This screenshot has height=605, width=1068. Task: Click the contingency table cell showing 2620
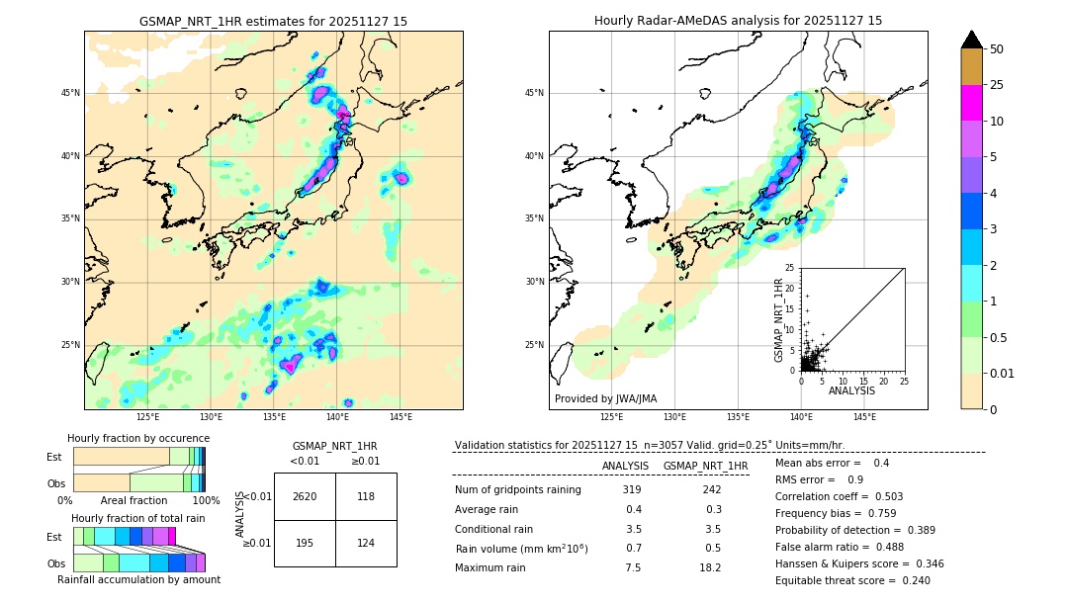click(305, 496)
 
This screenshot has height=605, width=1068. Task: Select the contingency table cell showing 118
click(366, 496)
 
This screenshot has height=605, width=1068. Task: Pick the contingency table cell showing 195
click(305, 544)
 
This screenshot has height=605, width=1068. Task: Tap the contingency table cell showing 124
click(366, 544)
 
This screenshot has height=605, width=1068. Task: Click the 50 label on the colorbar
click(997, 49)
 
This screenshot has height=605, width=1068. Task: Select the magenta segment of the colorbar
click(972, 103)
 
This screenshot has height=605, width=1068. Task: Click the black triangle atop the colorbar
click(972, 40)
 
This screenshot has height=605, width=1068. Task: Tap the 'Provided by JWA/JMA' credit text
click(605, 399)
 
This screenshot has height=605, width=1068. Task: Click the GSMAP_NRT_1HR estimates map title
click(273, 21)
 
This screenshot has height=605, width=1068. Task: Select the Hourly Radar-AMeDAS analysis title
click(738, 21)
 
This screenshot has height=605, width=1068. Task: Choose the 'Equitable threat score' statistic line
click(852, 580)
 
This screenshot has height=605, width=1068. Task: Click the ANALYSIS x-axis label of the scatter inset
click(851, 390)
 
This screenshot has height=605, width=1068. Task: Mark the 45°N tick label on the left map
click(70, 93)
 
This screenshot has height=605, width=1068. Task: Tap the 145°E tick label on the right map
click(864, 417)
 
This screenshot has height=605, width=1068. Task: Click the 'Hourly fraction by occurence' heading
click(138, 438)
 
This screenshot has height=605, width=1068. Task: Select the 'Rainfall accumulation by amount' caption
click(138, 579)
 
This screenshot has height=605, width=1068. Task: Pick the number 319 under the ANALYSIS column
click(632, 490)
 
